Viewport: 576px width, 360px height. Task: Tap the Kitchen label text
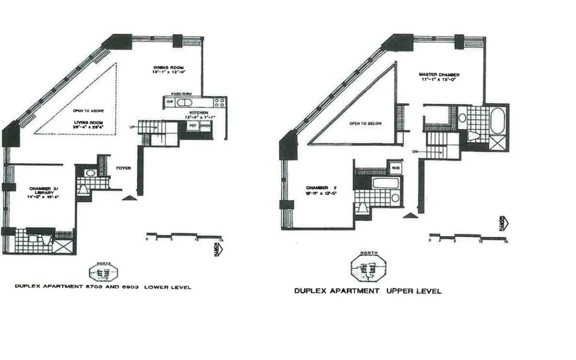198,112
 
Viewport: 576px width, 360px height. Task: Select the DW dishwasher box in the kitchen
169,102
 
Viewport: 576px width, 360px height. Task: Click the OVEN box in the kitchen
205,125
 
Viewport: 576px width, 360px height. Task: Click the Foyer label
124,168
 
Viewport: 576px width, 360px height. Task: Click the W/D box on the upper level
396,168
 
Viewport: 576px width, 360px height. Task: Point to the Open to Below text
366,123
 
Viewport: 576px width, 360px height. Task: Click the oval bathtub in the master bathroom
497,118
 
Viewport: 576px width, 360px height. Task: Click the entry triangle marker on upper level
409,216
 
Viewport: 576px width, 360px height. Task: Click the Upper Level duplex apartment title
368,291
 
